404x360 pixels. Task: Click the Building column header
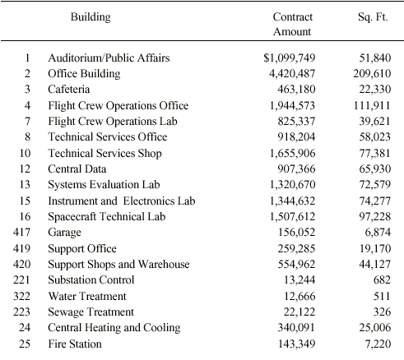[91, 17]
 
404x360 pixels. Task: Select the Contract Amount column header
[292, 24]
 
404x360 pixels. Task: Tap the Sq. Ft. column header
[373, 17]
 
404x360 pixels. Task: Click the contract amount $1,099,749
[289, 58]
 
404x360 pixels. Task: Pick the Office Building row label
[84, 74]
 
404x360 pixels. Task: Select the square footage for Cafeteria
[374, 90]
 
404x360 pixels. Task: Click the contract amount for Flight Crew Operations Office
[292, 105]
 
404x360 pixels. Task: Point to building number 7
[27, 121]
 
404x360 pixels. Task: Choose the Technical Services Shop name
[104, 153]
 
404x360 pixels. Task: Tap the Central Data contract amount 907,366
[296, 168]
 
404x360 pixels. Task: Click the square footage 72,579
[374, 184]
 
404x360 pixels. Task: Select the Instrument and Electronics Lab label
[122, 201]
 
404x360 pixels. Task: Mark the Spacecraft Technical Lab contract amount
[292, 216]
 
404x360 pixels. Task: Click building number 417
[21, 232]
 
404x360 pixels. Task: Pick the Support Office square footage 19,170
[375, 248]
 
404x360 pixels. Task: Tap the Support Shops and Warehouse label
[118, 265]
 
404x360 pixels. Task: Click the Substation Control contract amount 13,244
[300, 279]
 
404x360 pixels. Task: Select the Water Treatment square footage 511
[382, 296]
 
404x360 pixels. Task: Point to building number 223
[21, 312]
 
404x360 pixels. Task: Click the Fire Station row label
[75, 344]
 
